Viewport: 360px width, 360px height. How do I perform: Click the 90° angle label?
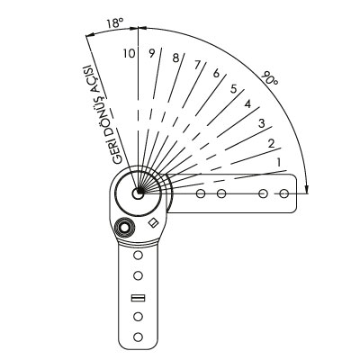269,78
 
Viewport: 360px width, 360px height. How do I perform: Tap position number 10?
129,53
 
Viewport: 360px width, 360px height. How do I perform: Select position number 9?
152,53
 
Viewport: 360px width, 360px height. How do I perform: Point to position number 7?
197,65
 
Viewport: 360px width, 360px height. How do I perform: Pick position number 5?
234,89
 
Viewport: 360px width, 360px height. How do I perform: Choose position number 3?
262,123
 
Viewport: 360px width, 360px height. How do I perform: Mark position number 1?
279,163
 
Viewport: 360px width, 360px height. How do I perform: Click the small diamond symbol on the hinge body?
154,222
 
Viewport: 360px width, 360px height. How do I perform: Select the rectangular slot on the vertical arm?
139,298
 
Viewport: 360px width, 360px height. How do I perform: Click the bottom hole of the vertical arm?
138,337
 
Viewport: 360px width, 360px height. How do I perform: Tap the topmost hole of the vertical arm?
138,256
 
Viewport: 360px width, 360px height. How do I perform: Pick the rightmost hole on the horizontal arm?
283,193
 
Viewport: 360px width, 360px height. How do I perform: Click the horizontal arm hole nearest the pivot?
201,193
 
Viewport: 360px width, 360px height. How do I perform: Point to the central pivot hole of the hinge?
138,193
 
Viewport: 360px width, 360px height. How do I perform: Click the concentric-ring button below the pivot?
124,229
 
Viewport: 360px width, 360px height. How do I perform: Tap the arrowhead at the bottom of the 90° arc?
306,189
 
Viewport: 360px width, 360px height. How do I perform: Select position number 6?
216,73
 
